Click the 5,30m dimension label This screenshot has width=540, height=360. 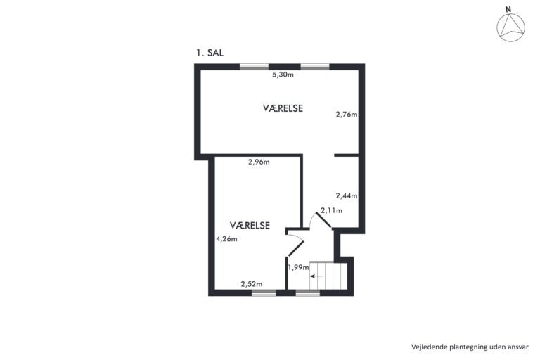click(x=283, y=75)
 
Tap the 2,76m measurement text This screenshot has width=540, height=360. click(x=347, y=114)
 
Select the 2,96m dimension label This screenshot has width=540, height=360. click(x=259, y=162)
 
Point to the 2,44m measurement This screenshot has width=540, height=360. click(x=347, y=195)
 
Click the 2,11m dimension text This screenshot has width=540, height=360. click(x=332, y=210)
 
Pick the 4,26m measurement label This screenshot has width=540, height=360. click(x=226, y=239)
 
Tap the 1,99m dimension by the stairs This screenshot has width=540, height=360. click(x=298, y=267)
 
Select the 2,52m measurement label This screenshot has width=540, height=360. click(x=252, y=284)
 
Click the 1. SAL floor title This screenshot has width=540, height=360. click(x=210, y=53)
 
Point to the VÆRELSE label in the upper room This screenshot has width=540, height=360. click(x=283, y=108)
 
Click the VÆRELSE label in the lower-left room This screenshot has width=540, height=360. click(x=250, y=225)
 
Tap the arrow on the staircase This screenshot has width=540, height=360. click(x=317, y=276)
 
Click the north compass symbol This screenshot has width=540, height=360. click(x=510, y=27)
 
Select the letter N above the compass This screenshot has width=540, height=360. click(x=508, y=9)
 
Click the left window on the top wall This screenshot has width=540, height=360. click(x=254, y=67)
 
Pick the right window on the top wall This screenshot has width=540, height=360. click(x=315, y=67)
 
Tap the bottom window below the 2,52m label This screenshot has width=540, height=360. click(x=264, y=292)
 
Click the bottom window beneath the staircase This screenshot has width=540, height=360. click(x=307, y=292)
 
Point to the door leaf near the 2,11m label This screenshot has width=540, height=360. click(x=324, y=221)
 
